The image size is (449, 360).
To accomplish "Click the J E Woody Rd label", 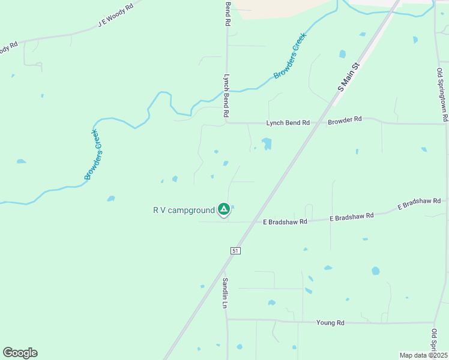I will (120, 15).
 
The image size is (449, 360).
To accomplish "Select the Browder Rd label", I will (345, 120).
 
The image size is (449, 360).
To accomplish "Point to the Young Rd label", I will (331, 323).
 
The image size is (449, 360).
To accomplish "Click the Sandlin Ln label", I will (225, 293).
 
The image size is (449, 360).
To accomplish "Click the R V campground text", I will (184, 210).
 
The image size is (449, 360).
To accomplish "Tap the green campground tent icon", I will (223, 209).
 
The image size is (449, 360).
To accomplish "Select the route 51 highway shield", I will (235, 250).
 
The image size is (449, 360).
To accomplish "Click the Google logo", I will (20, 353).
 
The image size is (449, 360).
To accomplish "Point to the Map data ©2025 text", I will (423, 355).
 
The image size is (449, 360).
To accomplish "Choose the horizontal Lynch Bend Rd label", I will (288, 122).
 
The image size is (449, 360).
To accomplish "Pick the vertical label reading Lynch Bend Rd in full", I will (227, 95).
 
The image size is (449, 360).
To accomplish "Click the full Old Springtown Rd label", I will (442, 95).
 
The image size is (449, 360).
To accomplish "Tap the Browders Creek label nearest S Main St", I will (291, 56).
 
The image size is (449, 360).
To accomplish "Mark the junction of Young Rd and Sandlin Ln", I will (227, 320).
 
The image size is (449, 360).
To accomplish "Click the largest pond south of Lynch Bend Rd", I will (266, 143).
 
